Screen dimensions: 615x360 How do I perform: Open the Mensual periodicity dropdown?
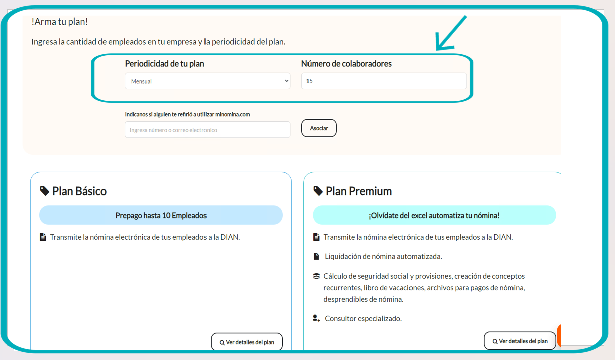click(208, 81)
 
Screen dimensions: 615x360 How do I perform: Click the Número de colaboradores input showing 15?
click(384, 81)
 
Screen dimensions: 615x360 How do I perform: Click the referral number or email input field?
click(208, 129)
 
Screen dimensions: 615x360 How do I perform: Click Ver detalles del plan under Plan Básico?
click(247, 342)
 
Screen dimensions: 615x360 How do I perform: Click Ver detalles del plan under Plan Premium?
click(520, 341)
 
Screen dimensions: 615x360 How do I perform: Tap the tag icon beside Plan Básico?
click(44, 191)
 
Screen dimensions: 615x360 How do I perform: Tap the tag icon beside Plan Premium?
click(318, 191)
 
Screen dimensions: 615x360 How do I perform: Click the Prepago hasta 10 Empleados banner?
click(161, 215)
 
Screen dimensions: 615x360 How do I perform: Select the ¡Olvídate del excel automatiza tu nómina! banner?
click(434, 215)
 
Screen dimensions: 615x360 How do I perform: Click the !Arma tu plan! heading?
click(60, 22)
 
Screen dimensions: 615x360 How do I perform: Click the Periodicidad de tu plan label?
click(164, 64)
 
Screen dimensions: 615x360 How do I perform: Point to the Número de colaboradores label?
click(347, 64)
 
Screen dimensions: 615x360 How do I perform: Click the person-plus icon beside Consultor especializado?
click(316, 318)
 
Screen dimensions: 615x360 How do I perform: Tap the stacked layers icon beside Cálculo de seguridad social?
click(316, 276)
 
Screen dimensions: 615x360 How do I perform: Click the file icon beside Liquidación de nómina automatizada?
click(316, 256)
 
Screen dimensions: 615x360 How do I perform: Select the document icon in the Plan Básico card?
click(43, 237)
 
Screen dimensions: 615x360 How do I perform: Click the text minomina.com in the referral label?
click(233, 114)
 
